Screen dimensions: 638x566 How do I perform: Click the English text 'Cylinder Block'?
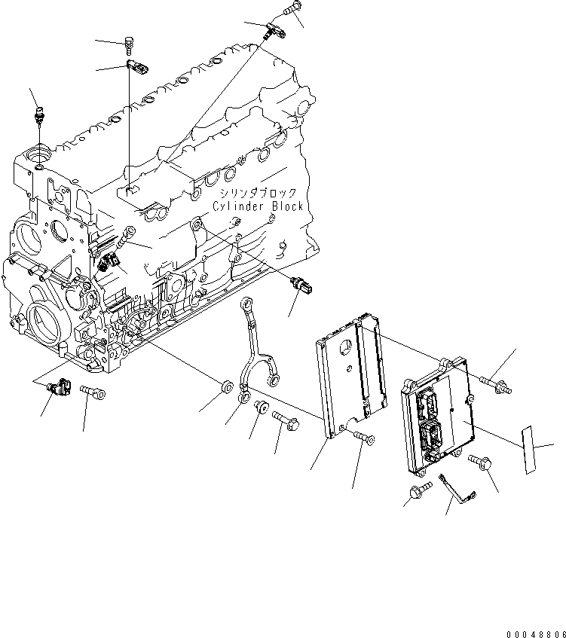click(x=257, y=206)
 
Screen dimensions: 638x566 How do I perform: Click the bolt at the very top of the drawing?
click(x=292, y=11)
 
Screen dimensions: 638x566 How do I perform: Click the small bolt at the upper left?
click(x=131, y=45)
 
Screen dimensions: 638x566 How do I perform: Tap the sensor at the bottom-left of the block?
click(x=59, y=388)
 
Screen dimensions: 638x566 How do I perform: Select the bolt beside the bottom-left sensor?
click(x=90, y=392)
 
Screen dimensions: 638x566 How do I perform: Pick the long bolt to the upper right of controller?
click(x=498, y=386)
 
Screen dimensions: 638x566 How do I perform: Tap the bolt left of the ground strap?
click(x=417, y=493)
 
